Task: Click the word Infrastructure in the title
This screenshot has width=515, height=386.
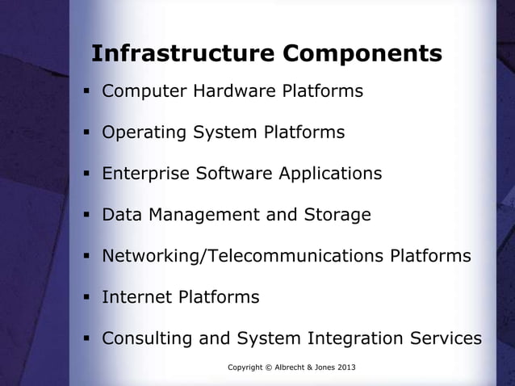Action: (182, 53)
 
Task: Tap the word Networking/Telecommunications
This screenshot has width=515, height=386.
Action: (243, 257)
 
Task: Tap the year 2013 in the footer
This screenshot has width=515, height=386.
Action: (344, 368)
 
